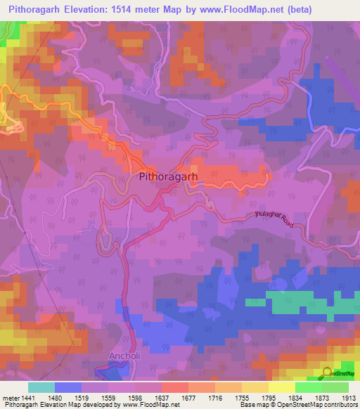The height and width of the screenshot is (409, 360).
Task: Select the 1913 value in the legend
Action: tap(347, 398)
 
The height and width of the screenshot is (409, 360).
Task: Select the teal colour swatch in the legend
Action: tap(41, 387)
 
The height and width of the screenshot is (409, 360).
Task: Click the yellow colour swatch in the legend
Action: tap(281, 387)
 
